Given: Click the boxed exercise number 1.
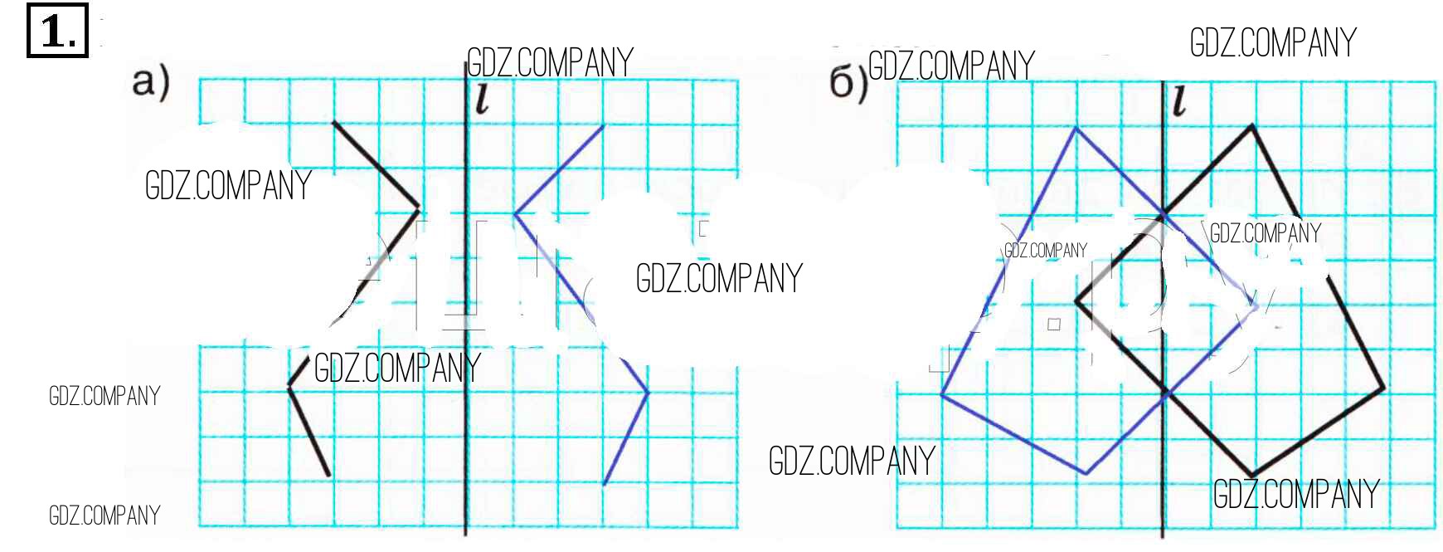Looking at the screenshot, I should pos(57,32).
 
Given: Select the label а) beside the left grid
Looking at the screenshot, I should pos(151,83).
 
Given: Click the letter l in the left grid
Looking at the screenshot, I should pos(482,100).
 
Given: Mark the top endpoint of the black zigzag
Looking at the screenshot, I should pos(333,123).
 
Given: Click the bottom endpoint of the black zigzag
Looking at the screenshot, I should pos(329,476).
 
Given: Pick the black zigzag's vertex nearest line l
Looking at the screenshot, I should pos(419,208).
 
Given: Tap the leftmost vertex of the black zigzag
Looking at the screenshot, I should pos(289,387).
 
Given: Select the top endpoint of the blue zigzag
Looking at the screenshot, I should pos(603,126).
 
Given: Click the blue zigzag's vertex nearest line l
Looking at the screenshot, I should pos(515,214).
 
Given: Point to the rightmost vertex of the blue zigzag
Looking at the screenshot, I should pos(647,392).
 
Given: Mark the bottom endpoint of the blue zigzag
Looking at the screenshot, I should pos(604,484).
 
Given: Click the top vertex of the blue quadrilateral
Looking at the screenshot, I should pos(1076,128).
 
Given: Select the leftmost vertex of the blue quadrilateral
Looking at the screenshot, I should pos(942,395).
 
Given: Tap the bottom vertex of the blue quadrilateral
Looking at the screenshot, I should pos(1086,474).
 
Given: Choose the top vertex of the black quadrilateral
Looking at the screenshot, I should pos(1251,126).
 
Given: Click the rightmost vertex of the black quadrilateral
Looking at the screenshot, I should pos(1383,388).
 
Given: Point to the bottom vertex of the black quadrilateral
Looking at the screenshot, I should pos(1251,476).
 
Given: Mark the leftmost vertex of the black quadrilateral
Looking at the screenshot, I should pos(1076,301).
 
